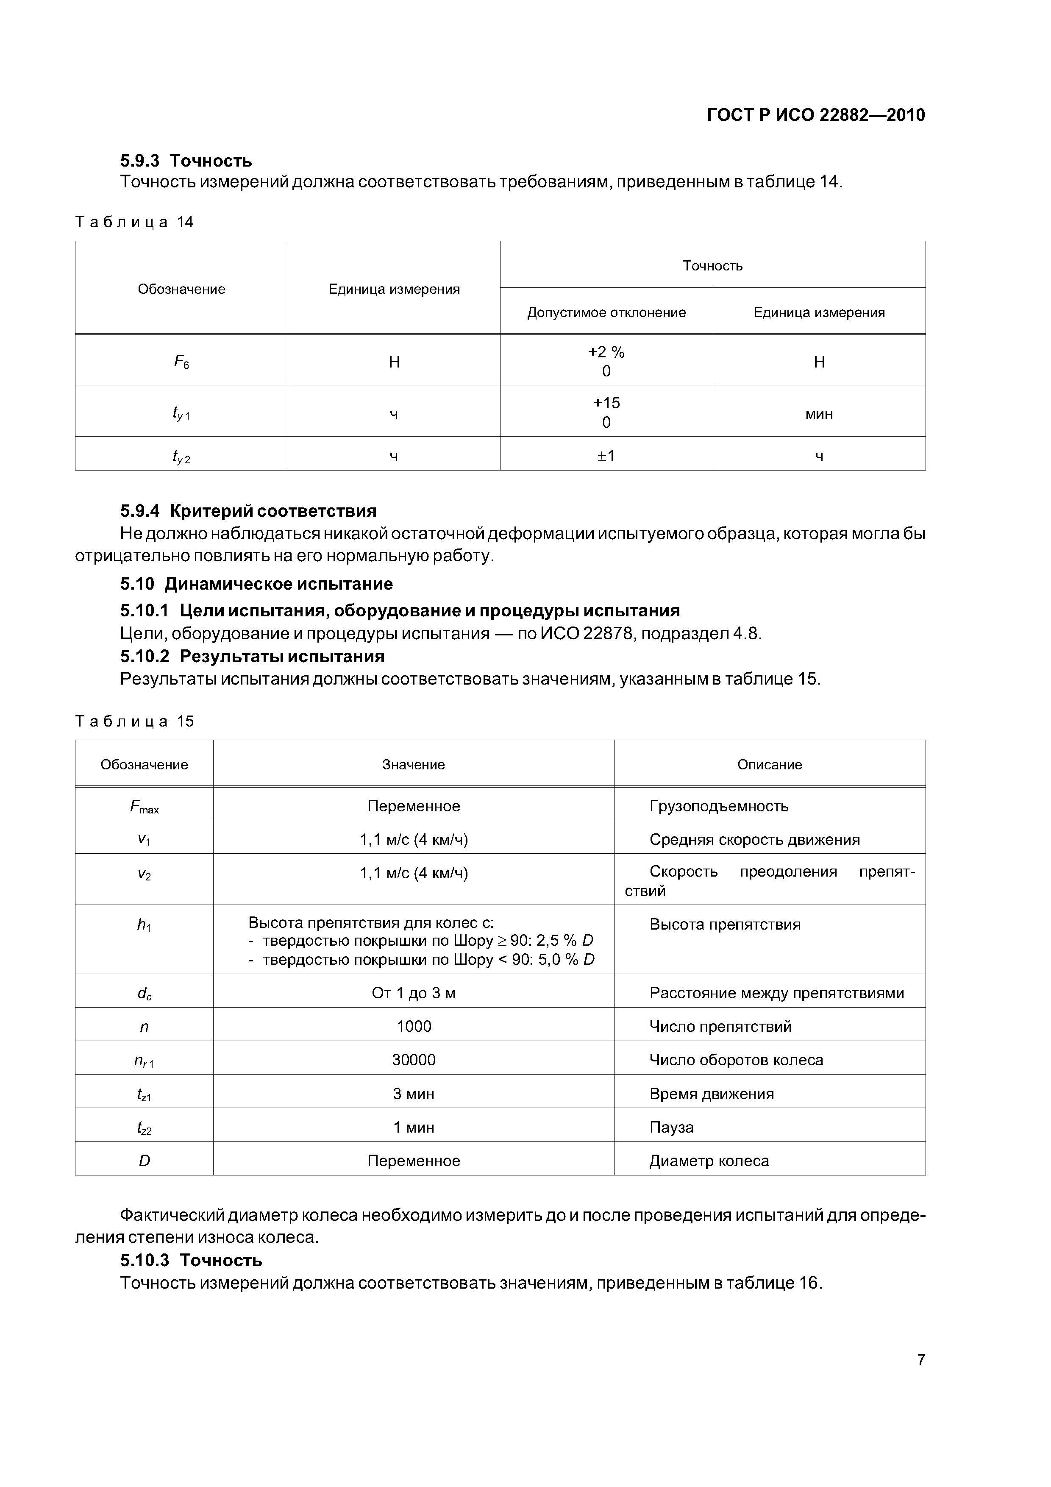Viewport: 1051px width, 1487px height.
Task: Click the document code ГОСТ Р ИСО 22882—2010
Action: [815, 115]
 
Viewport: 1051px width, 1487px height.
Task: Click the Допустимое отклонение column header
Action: [606, 312]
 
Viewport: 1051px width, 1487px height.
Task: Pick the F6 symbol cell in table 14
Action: [181, 362]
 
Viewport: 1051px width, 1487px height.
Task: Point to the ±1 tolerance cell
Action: [606, 456]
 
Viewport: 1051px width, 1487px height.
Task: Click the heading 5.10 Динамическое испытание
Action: [256, 584]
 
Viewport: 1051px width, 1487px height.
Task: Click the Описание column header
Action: [769, 764]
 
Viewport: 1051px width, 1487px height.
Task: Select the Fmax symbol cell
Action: [145, 806]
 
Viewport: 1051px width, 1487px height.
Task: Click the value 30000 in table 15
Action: [413, 1060]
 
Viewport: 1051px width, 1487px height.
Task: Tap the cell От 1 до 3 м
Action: [413, 993]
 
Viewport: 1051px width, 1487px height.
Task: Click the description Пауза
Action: [672, 1127]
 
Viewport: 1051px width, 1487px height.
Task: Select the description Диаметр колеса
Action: [709, 1161]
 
